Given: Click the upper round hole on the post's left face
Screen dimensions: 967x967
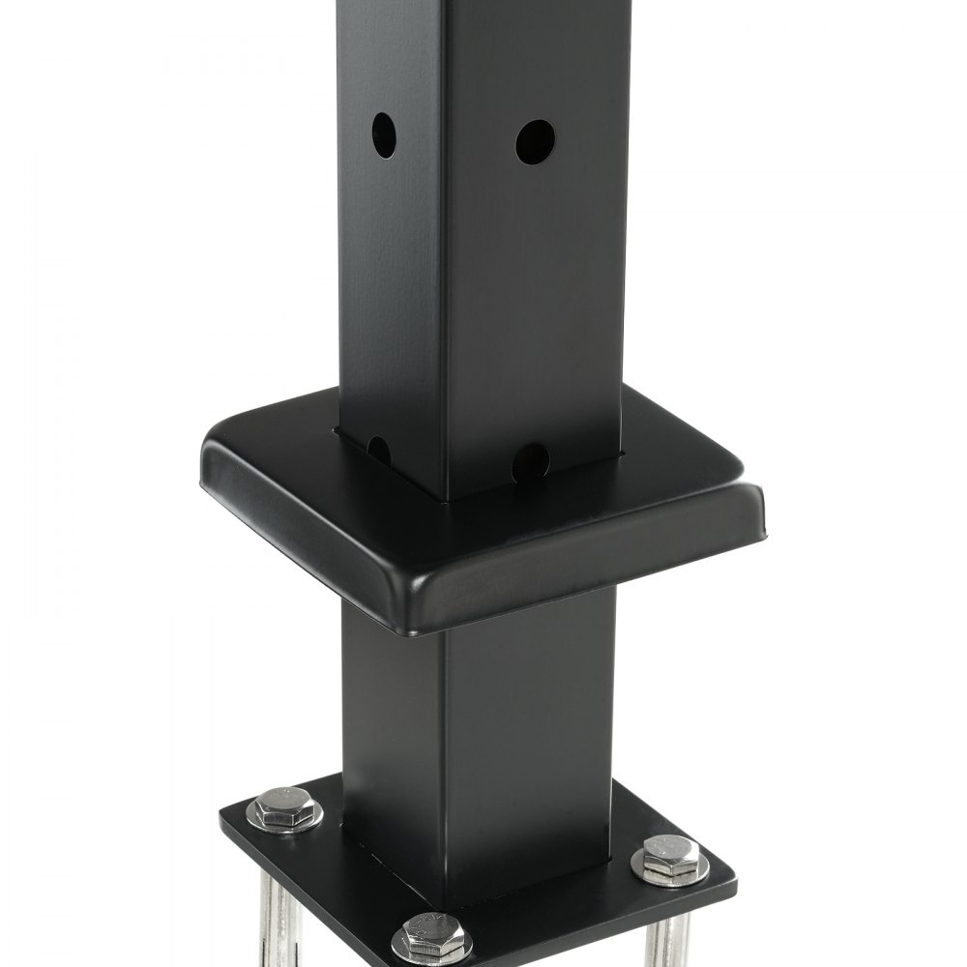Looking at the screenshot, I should coord(384,135).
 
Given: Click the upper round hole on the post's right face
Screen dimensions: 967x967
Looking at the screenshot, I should coord(535,142).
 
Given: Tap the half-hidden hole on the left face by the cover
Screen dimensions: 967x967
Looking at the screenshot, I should coord(379,450).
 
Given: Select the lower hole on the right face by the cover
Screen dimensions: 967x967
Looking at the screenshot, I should coord(531,462).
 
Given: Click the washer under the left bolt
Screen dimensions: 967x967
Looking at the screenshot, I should coord(283,820).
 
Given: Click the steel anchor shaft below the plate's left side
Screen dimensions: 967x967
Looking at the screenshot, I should coord(279,919).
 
